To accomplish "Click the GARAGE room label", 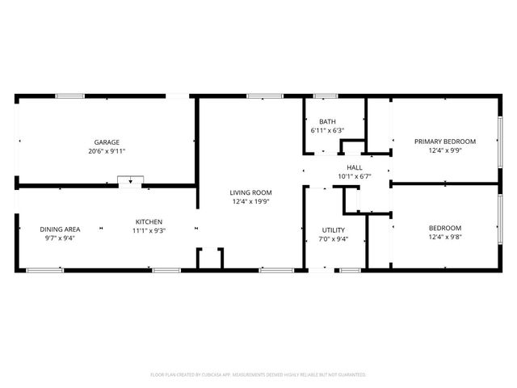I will pos(107,141).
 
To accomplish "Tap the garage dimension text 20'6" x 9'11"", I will pos(107,151).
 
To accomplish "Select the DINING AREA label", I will pos(60,229).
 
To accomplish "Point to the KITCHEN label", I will pos(149,221).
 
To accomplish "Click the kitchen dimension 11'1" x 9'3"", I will pos(149,231).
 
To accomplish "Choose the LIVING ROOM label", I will pos(251,192).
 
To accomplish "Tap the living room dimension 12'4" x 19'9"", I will pos(251,202).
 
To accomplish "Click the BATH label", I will pos(327,121).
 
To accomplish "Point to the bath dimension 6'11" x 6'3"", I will pos(327,131).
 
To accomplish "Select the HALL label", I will pos(355,167).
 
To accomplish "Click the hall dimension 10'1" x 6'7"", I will pos(355,176).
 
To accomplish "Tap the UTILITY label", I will pos(334,230).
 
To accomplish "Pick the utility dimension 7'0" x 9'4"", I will pos(334,239).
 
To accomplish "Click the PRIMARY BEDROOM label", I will pos(445,141).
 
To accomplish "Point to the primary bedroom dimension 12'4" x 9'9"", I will pos(445,151).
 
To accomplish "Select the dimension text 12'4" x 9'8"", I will pos(445,237).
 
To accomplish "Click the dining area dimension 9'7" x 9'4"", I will pos(60,238).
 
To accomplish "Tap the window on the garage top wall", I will pos(69,96).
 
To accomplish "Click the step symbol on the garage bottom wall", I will pos(129,180).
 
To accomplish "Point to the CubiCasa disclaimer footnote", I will pos(258,375).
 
